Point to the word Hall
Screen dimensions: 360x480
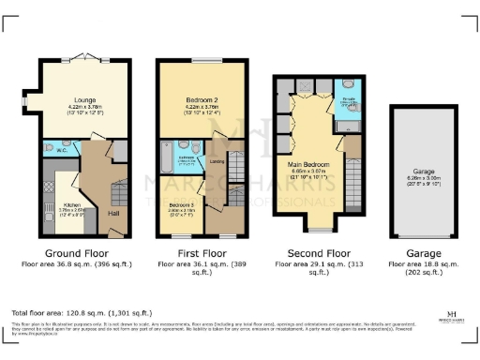pos(112,214)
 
